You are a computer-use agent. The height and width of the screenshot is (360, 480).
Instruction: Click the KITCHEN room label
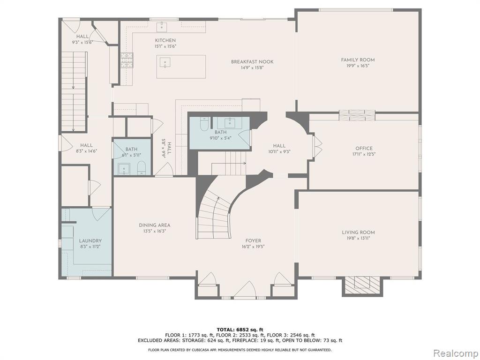165,40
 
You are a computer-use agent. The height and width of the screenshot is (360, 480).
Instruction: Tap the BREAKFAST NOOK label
252,62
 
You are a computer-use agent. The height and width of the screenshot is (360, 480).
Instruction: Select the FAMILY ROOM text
358,60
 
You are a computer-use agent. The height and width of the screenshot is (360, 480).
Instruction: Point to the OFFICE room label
364,149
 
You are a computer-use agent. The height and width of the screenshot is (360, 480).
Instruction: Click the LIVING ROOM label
358,232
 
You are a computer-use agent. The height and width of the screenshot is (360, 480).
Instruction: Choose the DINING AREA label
155,225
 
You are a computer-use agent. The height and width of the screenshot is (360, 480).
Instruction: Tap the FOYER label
253,240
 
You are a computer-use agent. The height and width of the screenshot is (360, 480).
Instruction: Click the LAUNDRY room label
90,241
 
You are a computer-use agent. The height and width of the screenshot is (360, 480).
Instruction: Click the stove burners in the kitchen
127,60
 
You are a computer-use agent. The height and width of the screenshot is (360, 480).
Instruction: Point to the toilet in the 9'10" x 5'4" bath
204,124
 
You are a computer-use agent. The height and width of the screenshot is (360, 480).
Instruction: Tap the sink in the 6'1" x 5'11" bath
124,169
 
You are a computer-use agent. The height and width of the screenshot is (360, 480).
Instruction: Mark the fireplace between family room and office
357,115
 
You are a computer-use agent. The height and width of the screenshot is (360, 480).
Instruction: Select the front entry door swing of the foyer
245,289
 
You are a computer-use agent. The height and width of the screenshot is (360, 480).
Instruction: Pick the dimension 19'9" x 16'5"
358,66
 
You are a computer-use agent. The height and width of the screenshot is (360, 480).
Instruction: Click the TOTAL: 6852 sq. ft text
240,330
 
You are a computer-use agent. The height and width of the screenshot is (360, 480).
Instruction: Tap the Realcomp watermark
456,353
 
